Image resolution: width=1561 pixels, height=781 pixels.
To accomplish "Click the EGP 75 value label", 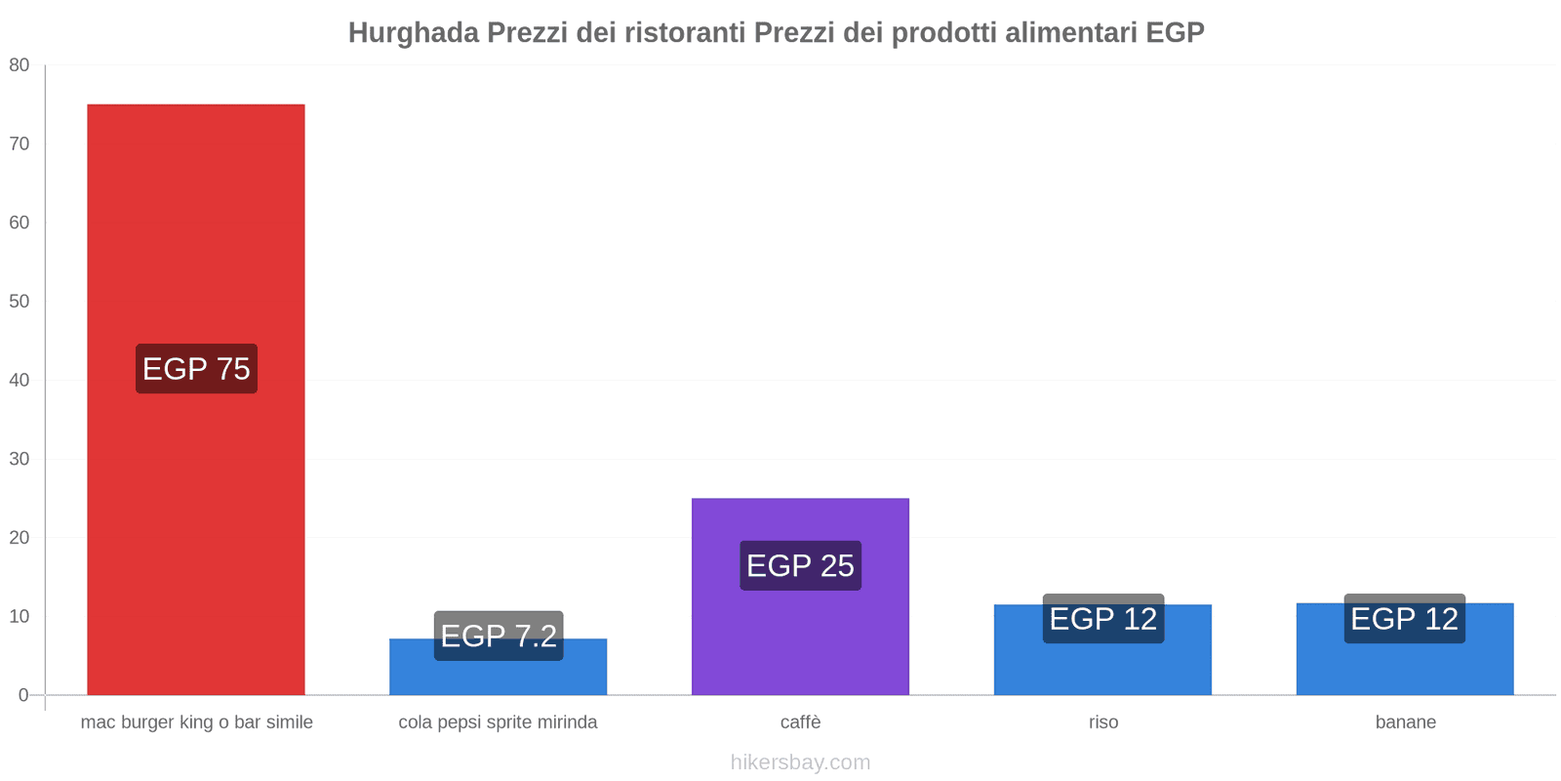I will pos(196,369).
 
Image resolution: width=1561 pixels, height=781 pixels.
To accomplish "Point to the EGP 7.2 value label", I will pos(499,636).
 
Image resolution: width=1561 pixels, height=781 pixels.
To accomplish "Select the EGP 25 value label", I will pos(800,565).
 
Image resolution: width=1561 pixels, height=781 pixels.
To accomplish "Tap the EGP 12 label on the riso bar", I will pos(1102,618).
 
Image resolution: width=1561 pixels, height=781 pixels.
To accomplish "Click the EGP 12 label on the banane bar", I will pos(1404,618).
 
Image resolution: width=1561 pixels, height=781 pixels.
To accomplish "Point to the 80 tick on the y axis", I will pos(20,65).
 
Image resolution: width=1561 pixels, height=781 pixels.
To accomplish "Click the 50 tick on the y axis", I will pos(20,302).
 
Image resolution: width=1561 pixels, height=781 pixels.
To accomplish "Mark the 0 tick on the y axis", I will pos(23,695).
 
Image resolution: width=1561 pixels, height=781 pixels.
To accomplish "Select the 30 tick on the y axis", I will pos(20,459).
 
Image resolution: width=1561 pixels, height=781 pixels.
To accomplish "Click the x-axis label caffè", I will pos(800,722).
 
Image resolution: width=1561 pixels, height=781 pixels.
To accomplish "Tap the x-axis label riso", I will pos(1103,722).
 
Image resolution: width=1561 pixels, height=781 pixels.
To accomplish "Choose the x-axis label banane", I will pos(1405,722).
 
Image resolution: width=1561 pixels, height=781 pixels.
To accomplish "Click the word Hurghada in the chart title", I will pos(414,33).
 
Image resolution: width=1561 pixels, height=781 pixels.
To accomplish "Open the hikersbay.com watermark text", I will pos(800,762).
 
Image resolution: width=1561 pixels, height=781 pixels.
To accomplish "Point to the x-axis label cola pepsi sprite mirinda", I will pos(498,722).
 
